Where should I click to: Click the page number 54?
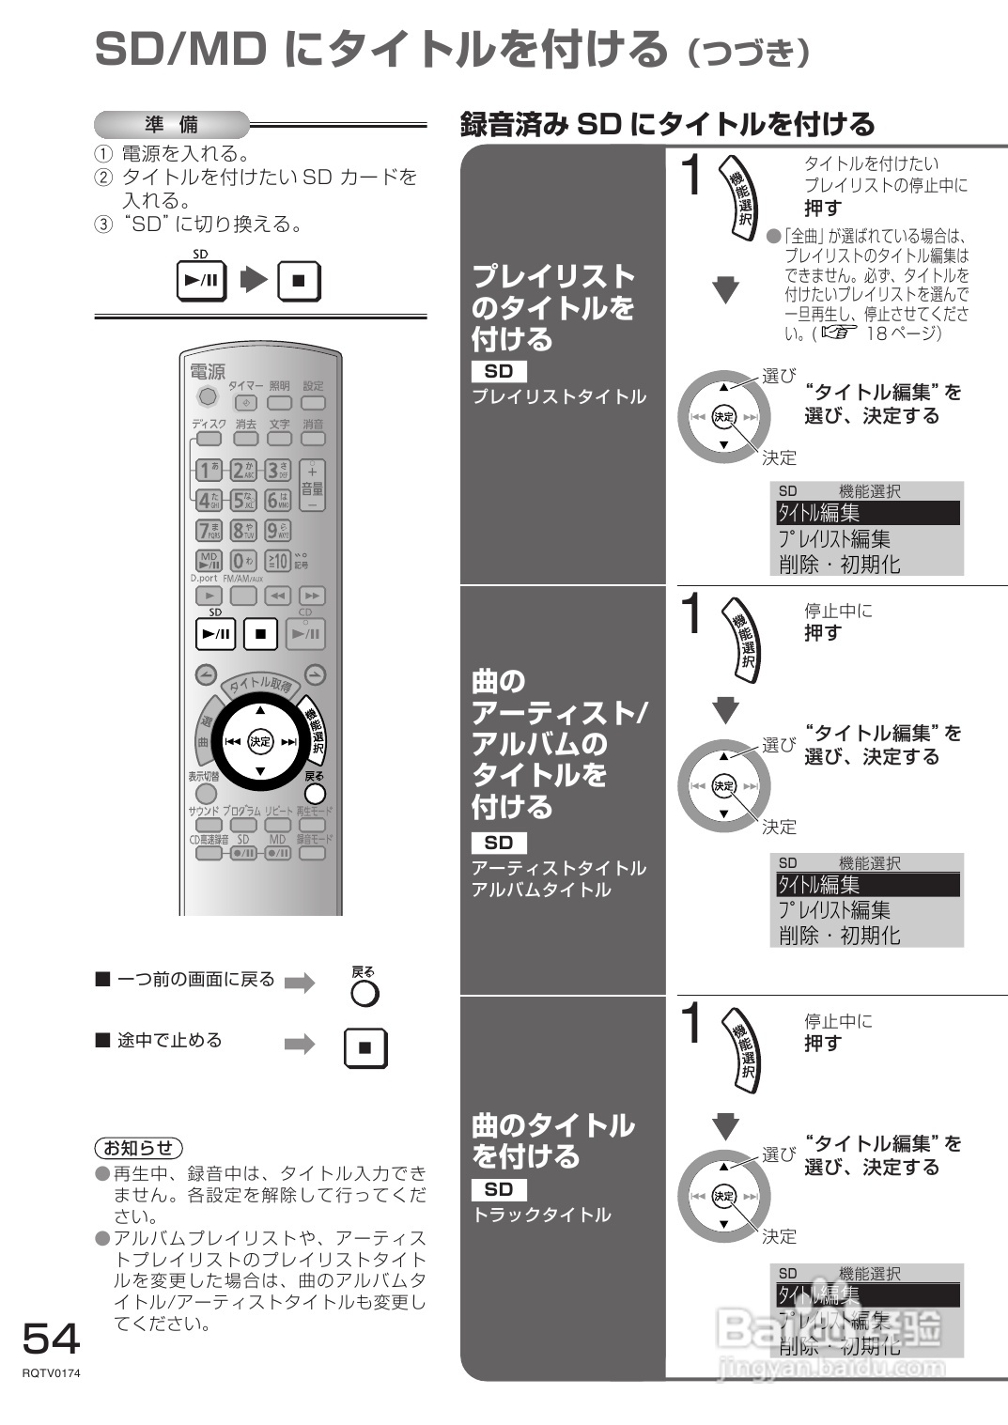51,1339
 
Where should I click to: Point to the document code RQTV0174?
52,1373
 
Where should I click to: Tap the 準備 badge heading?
172,124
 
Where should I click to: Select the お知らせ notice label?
138,1147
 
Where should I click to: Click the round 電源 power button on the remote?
207,396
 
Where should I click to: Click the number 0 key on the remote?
243,562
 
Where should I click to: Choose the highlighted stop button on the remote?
260,634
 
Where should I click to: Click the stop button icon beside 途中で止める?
365,1047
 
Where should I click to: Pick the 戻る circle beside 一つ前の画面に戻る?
364,993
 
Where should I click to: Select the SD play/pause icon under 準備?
202,280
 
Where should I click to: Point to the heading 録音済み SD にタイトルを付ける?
667,124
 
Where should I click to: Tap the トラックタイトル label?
541,1215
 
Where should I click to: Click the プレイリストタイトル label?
559,396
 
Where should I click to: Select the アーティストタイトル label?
559,868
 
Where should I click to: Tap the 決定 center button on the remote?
260,741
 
